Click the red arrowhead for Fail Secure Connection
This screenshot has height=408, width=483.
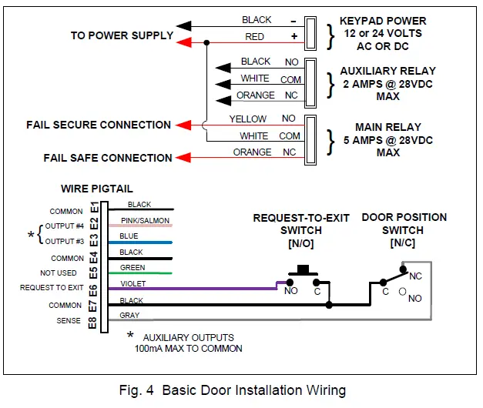tap(183, 125)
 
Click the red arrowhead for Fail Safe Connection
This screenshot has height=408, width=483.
tap(183, 158)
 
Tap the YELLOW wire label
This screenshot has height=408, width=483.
tap(247, 119)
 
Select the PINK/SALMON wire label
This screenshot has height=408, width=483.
tap(149, 220)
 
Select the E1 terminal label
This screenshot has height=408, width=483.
tap(94, 208)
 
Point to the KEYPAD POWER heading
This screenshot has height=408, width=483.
tap(383, 22)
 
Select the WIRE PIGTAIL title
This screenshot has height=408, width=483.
tap(97, 188)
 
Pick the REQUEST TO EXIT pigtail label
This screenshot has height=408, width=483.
tap(52, 289)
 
